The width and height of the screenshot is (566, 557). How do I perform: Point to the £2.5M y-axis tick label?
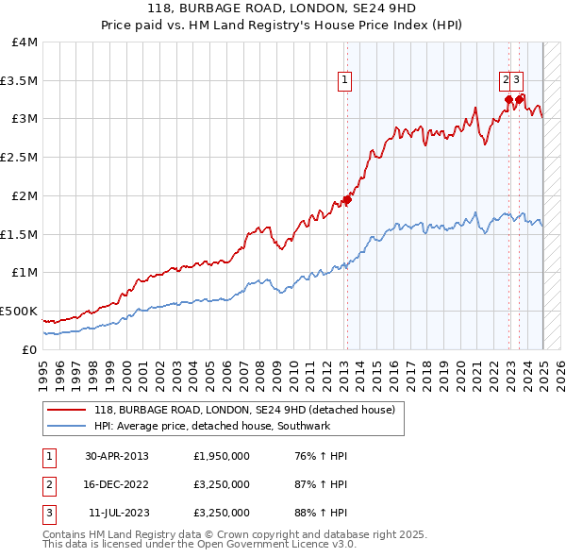19,158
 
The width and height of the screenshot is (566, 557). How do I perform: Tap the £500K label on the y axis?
19,311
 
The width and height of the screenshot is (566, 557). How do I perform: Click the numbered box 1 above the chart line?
345,81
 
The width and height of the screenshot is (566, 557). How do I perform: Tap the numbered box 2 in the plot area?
506,81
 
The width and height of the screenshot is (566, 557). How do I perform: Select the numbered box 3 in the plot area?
519,81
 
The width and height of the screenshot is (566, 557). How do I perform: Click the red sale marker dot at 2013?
347,199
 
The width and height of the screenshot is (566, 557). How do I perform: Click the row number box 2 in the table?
48,485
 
